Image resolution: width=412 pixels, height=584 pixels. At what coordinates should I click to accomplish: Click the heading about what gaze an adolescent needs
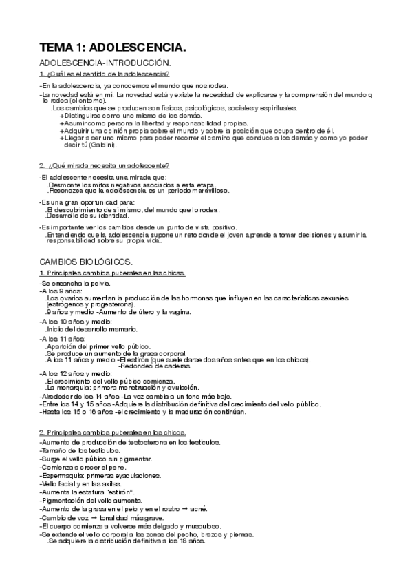click(x=105, y=165)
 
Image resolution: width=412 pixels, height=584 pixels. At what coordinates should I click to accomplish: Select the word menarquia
click(x=70, y=387)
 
